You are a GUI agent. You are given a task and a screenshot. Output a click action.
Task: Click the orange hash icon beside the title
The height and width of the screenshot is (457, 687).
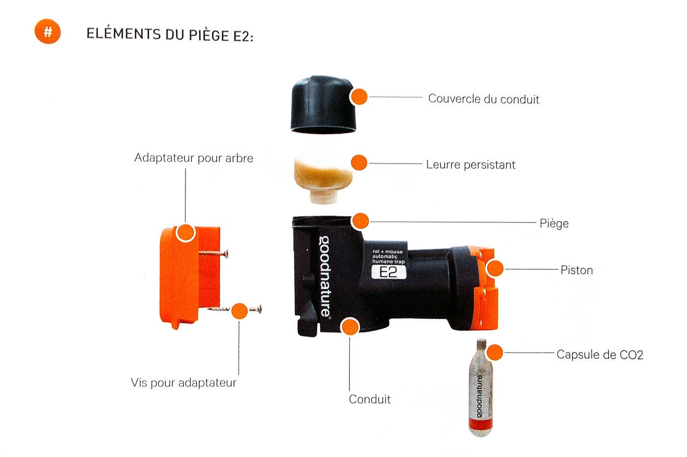[x=48, y=31]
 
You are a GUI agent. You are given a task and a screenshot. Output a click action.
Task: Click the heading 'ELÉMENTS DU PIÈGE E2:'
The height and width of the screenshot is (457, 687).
[x=170, y=34]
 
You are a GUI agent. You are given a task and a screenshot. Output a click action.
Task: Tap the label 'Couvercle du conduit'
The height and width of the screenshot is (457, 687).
[x=484, y=99]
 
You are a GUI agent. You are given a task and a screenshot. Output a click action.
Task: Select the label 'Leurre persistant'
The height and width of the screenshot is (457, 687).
[x=471, y=165]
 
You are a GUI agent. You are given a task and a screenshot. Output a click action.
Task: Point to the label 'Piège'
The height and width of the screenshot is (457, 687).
[x=554, y=223]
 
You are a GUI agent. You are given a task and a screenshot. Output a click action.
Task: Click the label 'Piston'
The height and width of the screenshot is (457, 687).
[x=577, y=270]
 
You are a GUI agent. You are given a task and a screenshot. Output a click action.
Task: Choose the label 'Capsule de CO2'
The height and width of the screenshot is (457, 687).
[x=600, y=354]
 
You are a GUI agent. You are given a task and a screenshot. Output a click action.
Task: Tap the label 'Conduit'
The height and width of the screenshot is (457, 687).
[x=370, y=399]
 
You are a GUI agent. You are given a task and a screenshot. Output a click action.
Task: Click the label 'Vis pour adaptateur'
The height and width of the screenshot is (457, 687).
[x=184, y=383]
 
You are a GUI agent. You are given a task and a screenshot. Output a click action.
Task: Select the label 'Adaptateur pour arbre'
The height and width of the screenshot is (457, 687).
[x=194, y=158]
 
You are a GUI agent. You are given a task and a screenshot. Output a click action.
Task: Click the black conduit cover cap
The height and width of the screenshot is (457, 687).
[x=323, y=104]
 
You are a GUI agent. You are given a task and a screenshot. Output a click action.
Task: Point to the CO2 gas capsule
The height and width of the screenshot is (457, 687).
[x=481, y=388]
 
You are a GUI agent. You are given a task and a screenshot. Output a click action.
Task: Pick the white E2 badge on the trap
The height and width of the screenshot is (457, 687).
[x=389, y=272]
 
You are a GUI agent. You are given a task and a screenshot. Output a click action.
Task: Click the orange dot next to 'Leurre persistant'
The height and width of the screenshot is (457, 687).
[x=359, y=163]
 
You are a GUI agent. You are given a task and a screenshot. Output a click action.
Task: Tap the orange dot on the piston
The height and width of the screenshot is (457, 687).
[x=495, y=268]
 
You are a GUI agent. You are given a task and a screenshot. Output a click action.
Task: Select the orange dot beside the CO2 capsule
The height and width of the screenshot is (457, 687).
[x=495, y=352]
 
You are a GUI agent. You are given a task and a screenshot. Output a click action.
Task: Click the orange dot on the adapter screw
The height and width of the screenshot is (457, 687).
[x=239, y=311]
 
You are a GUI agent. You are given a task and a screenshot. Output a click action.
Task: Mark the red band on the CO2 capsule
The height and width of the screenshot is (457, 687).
[x=480, y=424]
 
